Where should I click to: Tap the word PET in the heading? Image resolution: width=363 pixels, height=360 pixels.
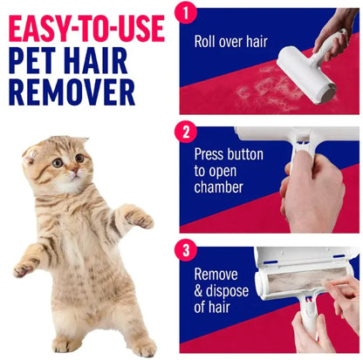(x=40, y=59)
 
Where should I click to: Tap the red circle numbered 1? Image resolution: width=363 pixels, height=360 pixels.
(x=184, y=12)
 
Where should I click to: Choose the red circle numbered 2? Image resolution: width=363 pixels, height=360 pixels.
(x=184, y=133)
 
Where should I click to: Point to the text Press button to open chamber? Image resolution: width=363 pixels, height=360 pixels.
(x=221, y=170)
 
